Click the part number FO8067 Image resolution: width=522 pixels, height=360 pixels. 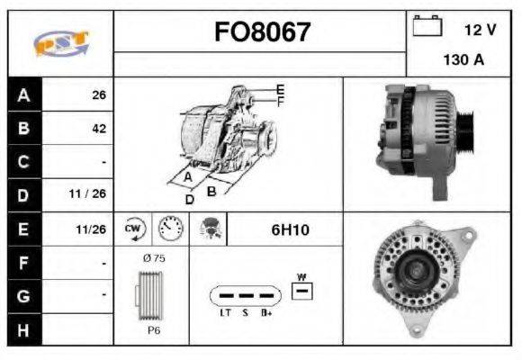261,33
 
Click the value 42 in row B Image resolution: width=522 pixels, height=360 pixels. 98,128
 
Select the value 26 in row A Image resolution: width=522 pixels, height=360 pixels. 98,94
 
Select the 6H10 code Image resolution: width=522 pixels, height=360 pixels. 290,229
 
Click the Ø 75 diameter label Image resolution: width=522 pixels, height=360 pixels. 152,257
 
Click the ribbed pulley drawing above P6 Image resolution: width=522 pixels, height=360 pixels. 151,295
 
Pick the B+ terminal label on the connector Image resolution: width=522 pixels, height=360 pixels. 267,313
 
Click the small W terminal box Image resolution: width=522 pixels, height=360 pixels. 303,290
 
